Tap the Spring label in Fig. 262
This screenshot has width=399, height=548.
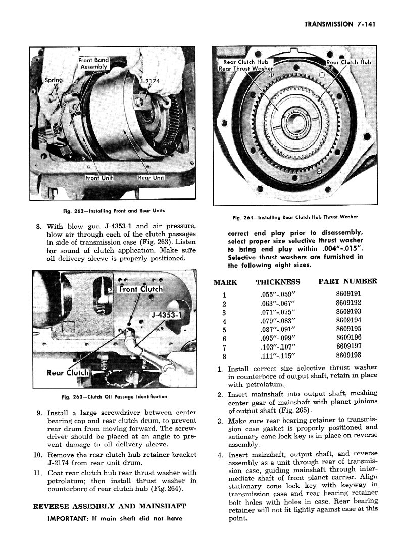pos(54,80)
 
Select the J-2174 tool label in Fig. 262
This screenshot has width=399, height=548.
pos(149,81)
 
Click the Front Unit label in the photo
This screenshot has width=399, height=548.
pos(99,178)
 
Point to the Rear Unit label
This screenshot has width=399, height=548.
pos(152,178)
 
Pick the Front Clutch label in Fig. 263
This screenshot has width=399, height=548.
pos(140,289)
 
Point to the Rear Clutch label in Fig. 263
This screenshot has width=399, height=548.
pos(68,373)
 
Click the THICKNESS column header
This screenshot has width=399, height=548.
pos(278,282)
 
